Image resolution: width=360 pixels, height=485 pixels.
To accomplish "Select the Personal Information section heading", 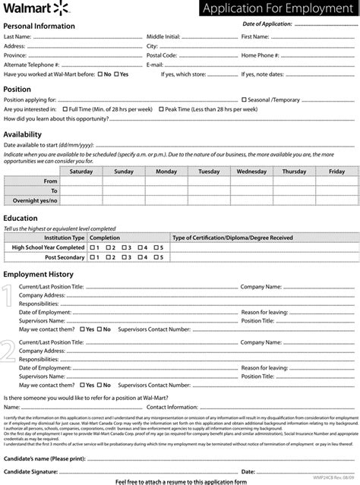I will [x=39, y=26].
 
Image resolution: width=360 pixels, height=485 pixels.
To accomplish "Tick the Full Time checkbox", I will [x=65, y=109].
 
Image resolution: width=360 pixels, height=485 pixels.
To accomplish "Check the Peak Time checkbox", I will [x=161, y=109].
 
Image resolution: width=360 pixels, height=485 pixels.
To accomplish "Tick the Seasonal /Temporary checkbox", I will [x=244, y=99].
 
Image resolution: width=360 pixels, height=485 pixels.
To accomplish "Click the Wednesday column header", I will [x=251, y=172].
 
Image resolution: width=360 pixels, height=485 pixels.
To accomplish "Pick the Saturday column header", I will [x=81, y=172].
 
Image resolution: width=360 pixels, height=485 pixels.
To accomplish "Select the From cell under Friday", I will [x=336, y=181].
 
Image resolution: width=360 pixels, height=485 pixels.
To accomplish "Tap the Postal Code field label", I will [x=162, y=55].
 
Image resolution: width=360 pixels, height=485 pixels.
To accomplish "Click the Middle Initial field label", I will [x=163, y=36].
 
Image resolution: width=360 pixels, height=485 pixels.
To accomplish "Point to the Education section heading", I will [x=21, y=218].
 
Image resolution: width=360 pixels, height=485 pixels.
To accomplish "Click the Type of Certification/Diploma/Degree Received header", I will [x=232, y=238].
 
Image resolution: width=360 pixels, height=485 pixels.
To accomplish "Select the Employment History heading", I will [x=38, y=274].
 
